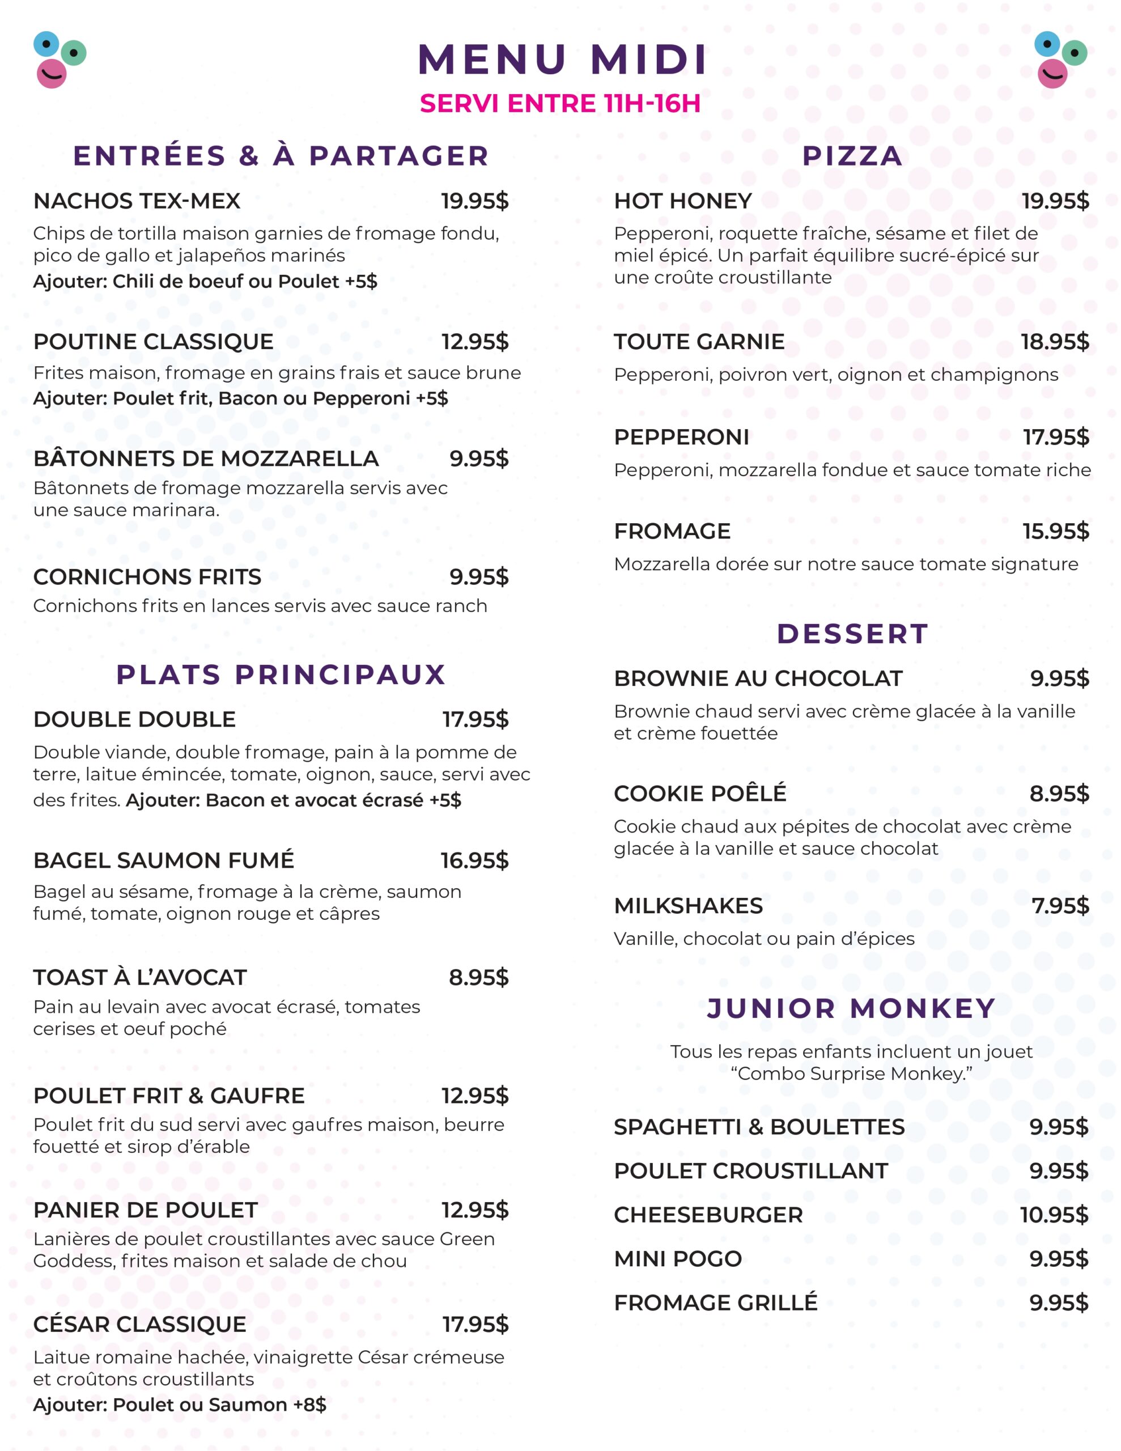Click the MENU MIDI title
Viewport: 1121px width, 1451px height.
pos(562,60)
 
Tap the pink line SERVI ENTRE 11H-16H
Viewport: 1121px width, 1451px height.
pos(560,104)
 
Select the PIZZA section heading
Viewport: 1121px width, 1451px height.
pos(852,156)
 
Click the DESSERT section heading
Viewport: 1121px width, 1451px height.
pos(852,634)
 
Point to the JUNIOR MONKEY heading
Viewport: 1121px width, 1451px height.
pos(851,1008)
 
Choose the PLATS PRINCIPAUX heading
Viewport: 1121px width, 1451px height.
pos(281,675)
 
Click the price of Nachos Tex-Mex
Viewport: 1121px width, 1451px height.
pos(474,201)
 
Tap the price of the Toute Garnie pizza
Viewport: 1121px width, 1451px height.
pos(1055,341)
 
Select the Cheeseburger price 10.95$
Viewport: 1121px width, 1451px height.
pos(1054,1215)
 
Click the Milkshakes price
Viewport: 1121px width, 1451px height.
pos(1060,906)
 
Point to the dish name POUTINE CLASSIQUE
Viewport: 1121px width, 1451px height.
pos(154,341)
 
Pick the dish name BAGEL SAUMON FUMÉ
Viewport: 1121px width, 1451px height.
pos(163,860)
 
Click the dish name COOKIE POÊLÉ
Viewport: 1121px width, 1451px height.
pos(700,794)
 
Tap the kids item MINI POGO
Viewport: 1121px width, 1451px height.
pos(677,1259)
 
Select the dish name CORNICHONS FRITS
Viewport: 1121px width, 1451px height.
pos(147,576)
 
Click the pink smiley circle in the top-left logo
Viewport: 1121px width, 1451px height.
pos(51,73)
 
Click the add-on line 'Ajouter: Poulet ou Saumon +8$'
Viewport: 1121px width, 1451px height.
pos(180,1405)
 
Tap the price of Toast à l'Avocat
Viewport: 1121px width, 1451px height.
pos(478,977)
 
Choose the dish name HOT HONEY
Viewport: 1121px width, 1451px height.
pos(682,201)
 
